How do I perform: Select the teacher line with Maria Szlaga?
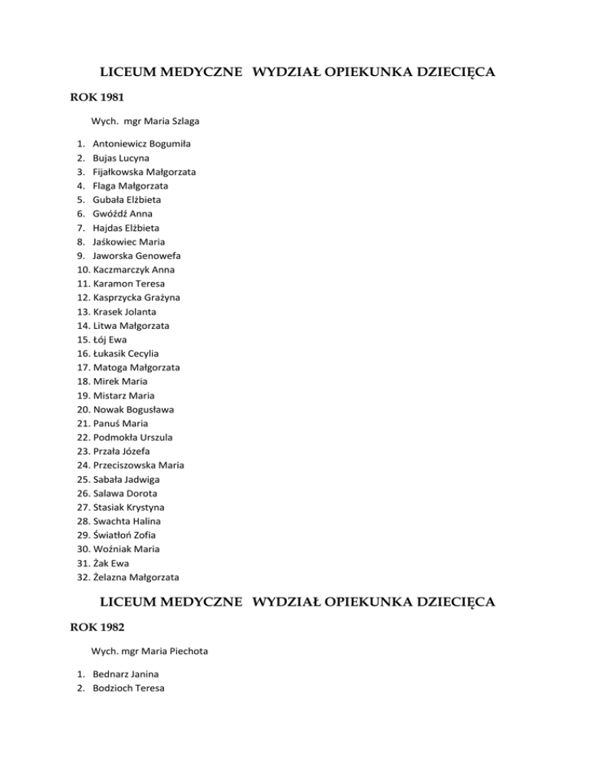(x=146, y=121)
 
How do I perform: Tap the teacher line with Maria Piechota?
(x=150, y=652)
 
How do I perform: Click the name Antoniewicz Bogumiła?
(x=142, y=144)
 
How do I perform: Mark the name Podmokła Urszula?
(x=133, y=437)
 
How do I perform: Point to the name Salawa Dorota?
(x=125, y=493)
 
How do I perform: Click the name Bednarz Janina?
(x=126, y=675)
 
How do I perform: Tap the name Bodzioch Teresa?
(x=128, y=688)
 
